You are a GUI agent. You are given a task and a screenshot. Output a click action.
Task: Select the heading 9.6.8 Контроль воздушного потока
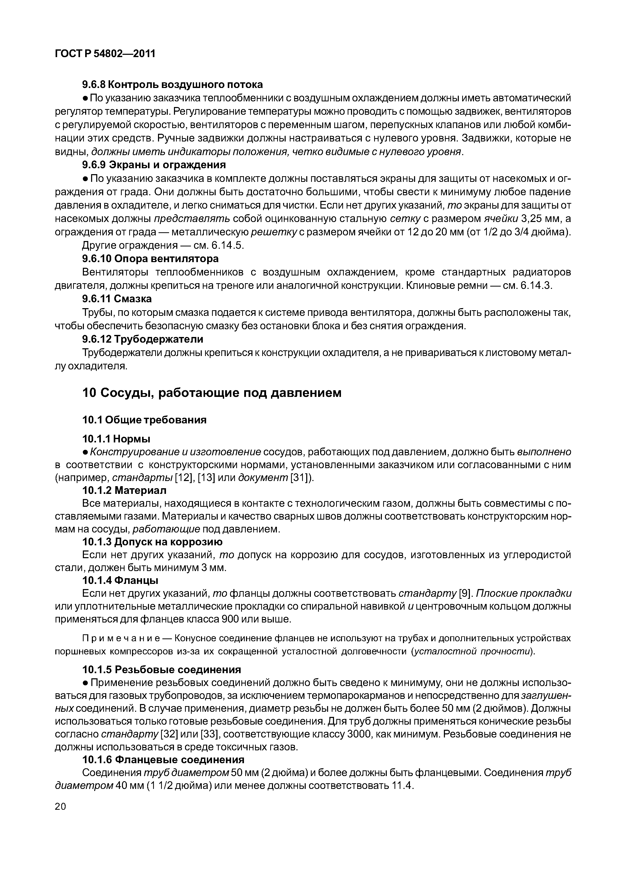tap(173, 84)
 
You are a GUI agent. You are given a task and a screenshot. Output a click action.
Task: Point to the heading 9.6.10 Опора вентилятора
tap(151, 259)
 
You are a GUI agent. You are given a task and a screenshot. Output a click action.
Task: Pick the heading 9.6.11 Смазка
tap(117, 299)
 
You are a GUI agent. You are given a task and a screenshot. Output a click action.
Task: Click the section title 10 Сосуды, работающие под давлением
tap(212, 393)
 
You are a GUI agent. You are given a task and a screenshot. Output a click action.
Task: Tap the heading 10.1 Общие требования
tap(144, 420)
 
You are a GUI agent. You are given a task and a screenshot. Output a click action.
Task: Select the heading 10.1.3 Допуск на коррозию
tap(152, 542)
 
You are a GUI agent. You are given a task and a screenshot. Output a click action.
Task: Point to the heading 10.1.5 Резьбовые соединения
tap(162, 670)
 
